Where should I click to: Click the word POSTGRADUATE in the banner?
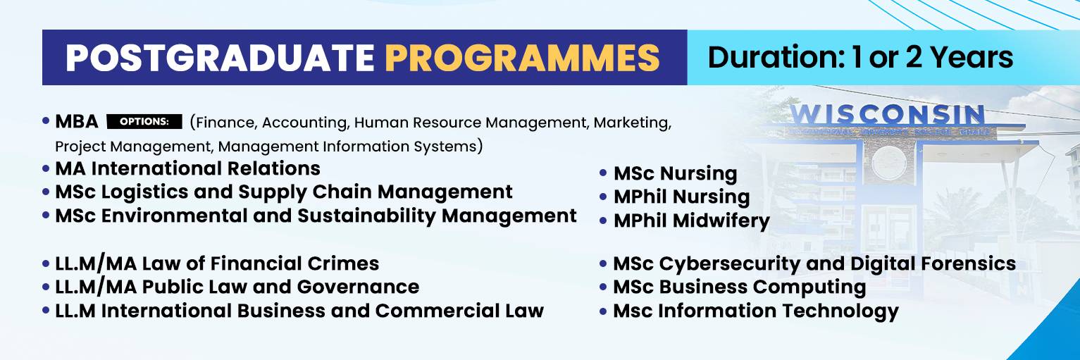pos(220,58)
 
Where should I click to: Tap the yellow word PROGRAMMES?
pos(522,58)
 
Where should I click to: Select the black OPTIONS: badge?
pos(144,121)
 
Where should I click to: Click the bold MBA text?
pos(77,121)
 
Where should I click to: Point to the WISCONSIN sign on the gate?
pos(887,115)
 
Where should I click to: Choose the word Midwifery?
pos(721,221)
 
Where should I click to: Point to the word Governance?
pos(358,287)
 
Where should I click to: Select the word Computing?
pos(809,287)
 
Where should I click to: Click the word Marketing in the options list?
pos(632,123)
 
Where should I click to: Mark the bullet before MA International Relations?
pos(46,168)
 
